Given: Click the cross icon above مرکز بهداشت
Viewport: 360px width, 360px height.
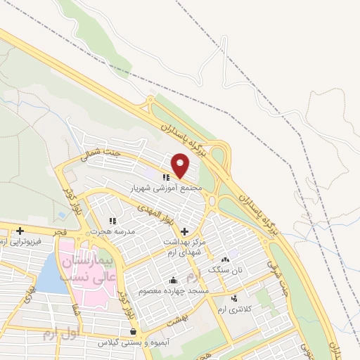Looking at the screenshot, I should (184, 231).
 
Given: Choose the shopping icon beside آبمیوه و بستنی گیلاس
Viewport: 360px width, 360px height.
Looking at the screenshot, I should (133, 331).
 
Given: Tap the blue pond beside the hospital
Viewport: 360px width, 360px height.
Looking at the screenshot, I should (48, 275).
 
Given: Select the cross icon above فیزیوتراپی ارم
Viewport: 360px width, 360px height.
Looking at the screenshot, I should (20, 231).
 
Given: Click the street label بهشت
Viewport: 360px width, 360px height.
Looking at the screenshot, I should (174, 318).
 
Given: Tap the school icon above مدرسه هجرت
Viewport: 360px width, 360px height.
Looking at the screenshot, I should (112, 221).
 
